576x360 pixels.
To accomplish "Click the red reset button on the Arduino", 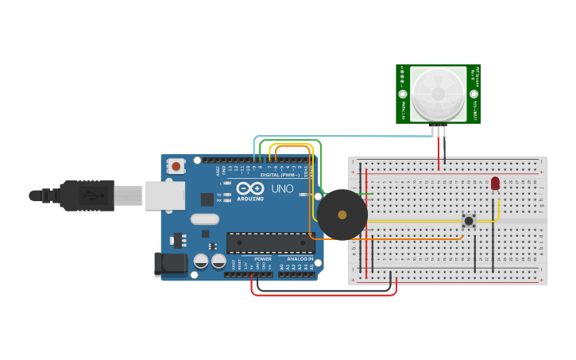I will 176,166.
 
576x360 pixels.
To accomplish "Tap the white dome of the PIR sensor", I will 438,93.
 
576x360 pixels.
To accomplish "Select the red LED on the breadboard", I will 495,184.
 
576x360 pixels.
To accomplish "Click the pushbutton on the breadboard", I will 469,220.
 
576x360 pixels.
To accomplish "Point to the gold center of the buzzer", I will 342,215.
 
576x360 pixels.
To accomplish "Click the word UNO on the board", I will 283,189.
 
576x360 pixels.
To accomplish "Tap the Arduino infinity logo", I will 249,189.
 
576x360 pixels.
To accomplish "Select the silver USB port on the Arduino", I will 164,195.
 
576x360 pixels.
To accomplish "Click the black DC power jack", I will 170,264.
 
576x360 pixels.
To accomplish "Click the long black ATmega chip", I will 270,242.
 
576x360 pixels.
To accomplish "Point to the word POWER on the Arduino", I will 263,259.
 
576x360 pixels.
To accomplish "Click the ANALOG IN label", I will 299,259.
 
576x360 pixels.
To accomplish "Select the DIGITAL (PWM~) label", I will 280,175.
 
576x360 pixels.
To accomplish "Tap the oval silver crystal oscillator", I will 204,219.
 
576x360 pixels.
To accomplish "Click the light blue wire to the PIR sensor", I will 350,137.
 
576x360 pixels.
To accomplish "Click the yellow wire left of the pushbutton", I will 413,221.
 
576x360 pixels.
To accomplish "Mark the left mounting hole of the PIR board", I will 403,93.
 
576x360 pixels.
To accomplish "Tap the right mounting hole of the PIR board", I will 474,93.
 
